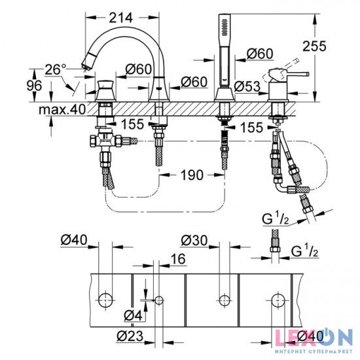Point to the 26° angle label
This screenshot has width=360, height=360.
[x=56, y=68]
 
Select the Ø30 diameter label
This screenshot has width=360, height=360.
[x=195, y=241]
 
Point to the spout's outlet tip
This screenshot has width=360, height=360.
[x=84, y=64]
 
